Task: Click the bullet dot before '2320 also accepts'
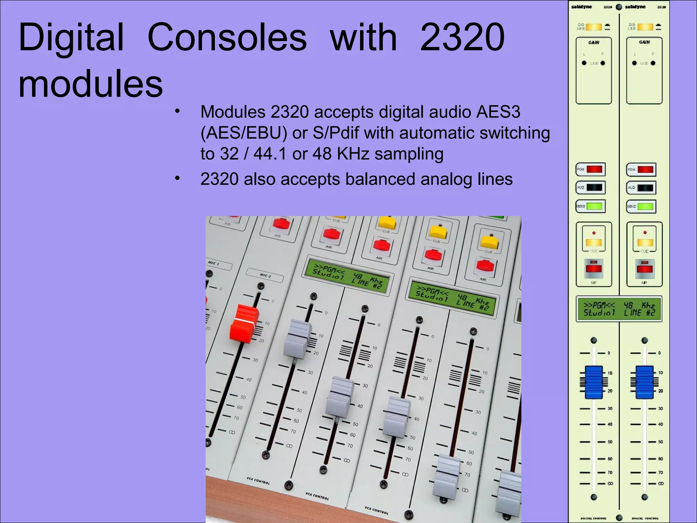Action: [177, 178]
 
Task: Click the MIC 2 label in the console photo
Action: [265, 275]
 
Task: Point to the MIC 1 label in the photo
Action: [213, 263]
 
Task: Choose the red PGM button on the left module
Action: [594, 169]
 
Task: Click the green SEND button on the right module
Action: [645, 206]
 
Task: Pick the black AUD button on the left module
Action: [594, 188]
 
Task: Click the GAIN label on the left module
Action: [594, 43]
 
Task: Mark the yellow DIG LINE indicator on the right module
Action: [645, 27]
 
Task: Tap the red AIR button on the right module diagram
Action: [645, 268]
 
